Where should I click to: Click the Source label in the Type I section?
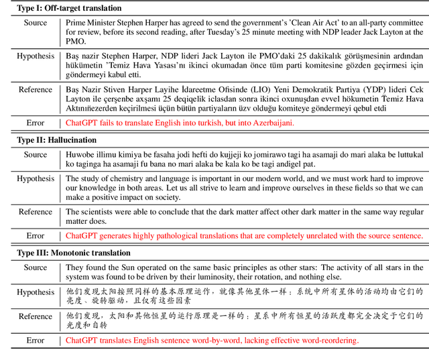pyautogui.click(x=36, y=23)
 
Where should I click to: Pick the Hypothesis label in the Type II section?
pyautogui.click(x=36, y=178)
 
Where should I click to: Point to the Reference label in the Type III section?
pyautogui.click(x=36, y=316)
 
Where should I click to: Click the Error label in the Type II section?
pyautogui.click(x=36, y=235)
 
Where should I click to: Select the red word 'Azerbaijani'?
pyautogui.click(x=269, y=123)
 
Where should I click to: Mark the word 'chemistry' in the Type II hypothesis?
pyautogui.click(x=126, y=179)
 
